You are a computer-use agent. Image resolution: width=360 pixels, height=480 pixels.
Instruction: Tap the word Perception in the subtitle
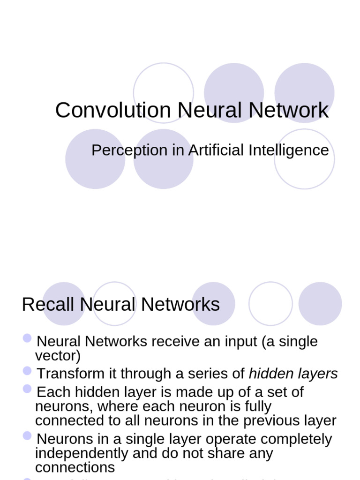point(123,151)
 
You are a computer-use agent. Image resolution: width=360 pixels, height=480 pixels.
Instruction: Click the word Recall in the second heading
point(48,305)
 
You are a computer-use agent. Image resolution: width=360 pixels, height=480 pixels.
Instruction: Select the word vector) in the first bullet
point(58,356)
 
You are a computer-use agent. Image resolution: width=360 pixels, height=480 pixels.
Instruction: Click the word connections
point(75,467)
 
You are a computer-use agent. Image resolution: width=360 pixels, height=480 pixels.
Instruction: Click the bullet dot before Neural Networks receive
point(27,338)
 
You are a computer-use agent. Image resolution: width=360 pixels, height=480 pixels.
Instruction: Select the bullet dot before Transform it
point(27,371)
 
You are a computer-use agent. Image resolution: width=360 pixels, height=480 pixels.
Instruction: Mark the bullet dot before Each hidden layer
point(27,389)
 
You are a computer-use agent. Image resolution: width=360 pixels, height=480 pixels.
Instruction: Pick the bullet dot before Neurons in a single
point(27,436)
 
